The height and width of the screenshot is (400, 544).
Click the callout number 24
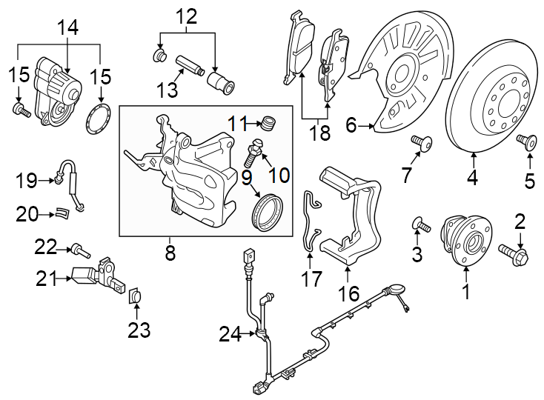tap(230, 336)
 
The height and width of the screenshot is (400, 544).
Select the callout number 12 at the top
tap(186, 15)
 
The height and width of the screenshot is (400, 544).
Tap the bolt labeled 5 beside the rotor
tap(529, 140)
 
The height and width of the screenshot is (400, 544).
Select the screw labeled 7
tap(421, 141)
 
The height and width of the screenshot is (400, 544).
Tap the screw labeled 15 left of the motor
tap(20, 111)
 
